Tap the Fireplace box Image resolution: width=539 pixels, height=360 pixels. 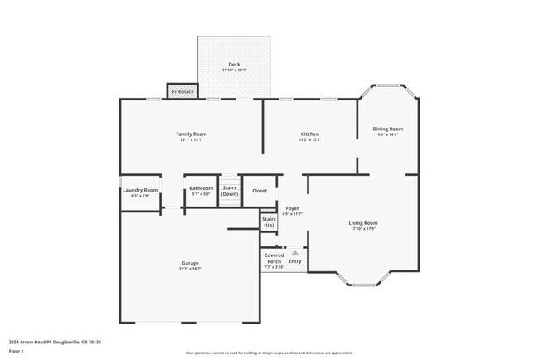click(183, 91)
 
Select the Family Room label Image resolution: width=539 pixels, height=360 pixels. click(191, 134)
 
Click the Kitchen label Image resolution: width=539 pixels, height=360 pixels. click(309, 134)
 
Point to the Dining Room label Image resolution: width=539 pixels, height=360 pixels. click(389, 129)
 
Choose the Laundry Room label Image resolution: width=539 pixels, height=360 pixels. click(139, 190)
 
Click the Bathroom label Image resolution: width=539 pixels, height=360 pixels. click(201, 188)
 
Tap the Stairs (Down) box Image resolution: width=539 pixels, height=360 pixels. click(230, 191)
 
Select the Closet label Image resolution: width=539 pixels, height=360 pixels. click(260, 190)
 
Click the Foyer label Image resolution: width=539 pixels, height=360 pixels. click(292, 207)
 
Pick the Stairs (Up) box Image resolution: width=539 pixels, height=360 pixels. click(269, 222)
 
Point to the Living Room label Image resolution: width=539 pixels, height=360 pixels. click(362, 222)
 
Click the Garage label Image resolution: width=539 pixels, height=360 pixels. click(190, 263)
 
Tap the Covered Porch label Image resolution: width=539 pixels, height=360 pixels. click(274, 261)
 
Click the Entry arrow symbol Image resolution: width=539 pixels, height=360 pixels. click(294, 251)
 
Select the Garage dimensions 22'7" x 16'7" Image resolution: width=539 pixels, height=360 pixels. click(190, 269)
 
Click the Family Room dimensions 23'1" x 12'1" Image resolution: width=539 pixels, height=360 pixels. click(191, 139)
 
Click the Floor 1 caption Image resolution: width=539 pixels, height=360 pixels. click(16, 351)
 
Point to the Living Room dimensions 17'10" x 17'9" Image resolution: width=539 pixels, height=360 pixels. click(362, 228)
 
